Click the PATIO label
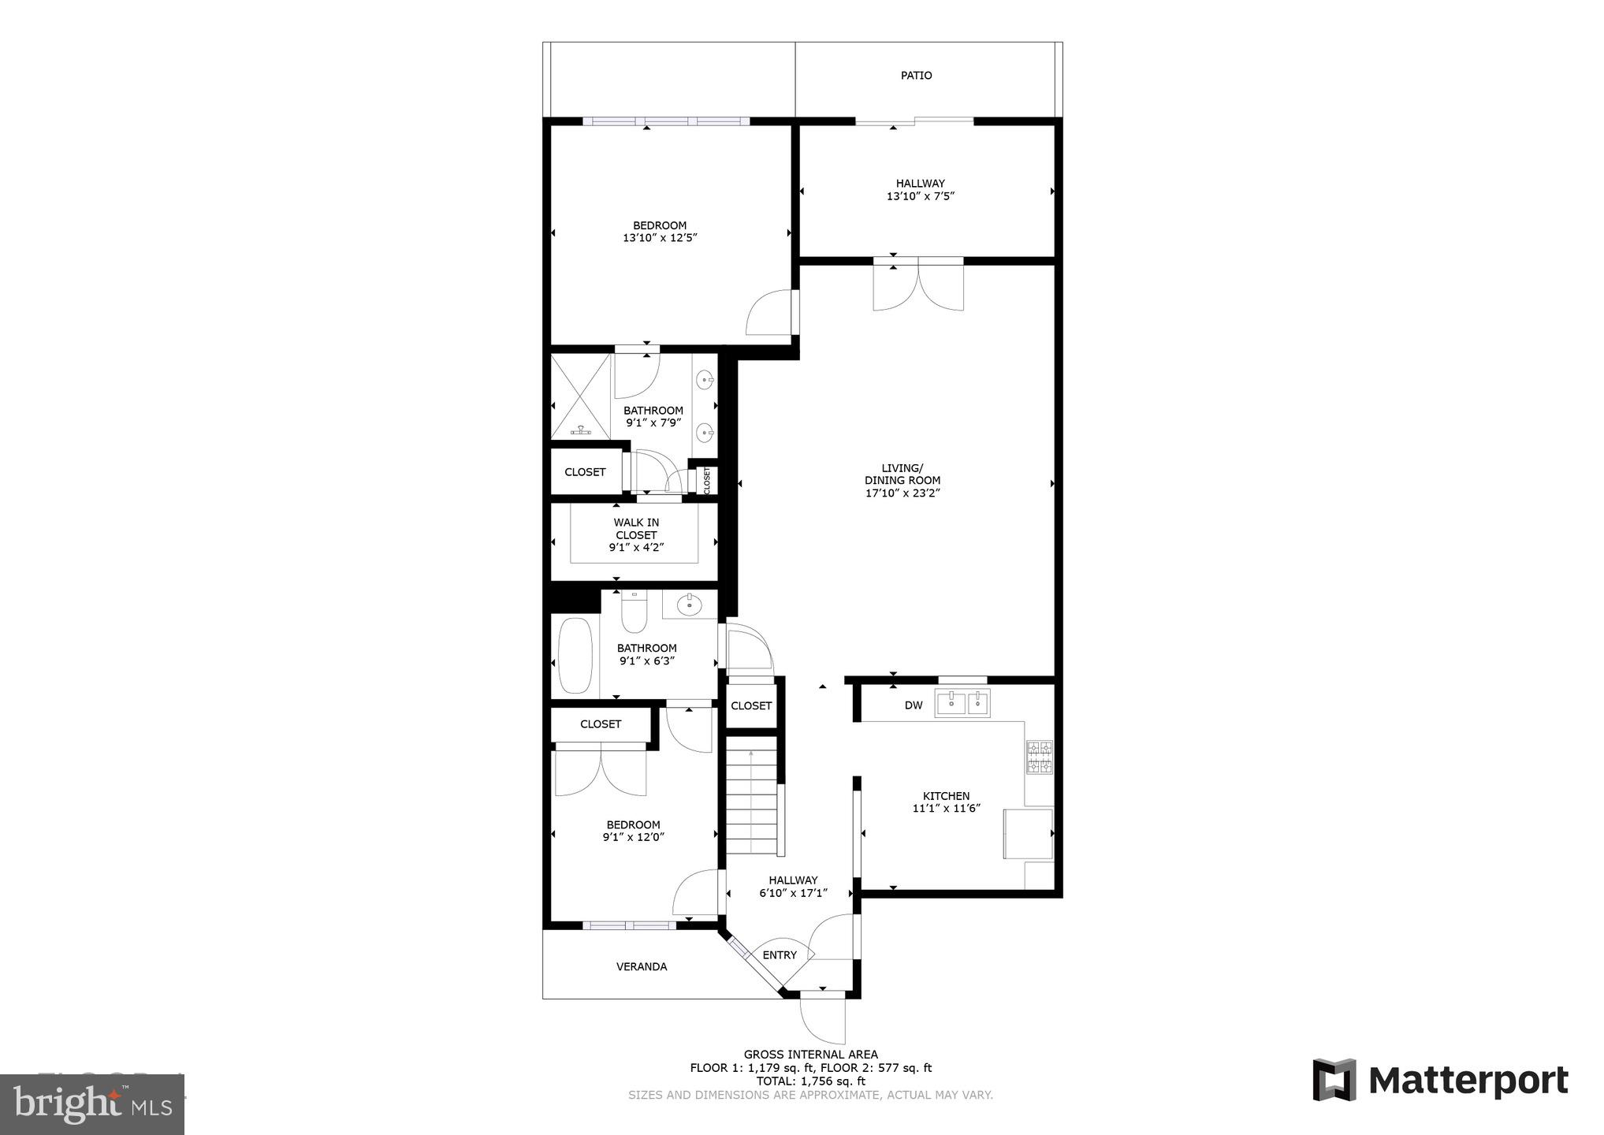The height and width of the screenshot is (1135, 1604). pos(916,76)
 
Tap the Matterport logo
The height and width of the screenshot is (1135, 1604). pos(1440,1080)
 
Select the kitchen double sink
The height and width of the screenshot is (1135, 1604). pos(962,703)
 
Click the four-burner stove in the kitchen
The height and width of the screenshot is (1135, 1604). pos(1039,757)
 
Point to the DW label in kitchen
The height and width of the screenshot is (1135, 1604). pos(913,705)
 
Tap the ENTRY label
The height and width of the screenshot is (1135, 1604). pos(780,955)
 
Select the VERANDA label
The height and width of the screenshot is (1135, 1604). pos(642,967)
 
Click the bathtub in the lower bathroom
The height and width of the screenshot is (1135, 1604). pos(575,656)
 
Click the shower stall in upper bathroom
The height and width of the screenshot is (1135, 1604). pos(581,396)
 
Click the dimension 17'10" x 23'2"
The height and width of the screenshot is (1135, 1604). pos(902,493)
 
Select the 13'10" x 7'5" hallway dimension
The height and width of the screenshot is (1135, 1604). pos(920,196)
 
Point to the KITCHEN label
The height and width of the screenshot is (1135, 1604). pos(946,796)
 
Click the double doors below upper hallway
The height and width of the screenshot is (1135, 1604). pos(918,286)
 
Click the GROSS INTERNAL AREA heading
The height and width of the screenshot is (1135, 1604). pos(810,1055)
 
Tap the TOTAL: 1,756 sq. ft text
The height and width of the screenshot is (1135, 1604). pos(810,1081)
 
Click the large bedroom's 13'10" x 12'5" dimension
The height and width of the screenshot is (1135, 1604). pos(660,238)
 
